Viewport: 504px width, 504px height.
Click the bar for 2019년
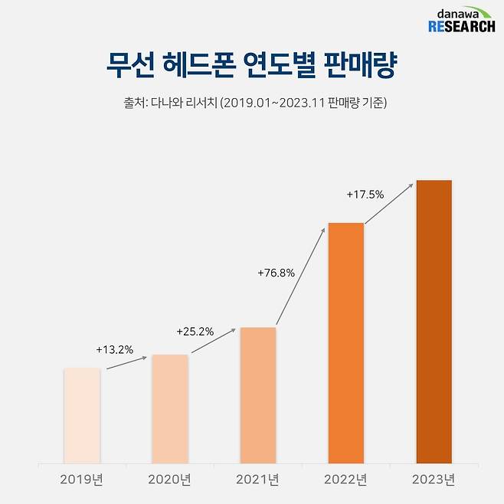[82, 416]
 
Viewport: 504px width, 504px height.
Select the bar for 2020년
[169, 409]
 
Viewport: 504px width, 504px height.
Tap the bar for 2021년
[258, 395]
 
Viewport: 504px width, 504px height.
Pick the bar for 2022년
[346, 343]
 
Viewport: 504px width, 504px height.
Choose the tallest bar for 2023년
[434, 322]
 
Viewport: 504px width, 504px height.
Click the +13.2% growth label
[115, 350]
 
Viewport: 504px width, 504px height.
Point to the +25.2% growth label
[195, 332]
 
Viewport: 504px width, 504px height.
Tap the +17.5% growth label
[365, 195]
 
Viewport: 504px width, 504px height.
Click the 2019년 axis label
[82, 480]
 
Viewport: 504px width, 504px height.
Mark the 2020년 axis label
[169, 480]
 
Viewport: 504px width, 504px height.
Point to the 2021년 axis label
[258, 480]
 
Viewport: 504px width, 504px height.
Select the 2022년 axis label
[346, 480]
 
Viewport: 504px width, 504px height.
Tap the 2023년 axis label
[434, 480]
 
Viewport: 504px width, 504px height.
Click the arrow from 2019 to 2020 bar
[126, 362]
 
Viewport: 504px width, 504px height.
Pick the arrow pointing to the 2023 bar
[390, 203]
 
